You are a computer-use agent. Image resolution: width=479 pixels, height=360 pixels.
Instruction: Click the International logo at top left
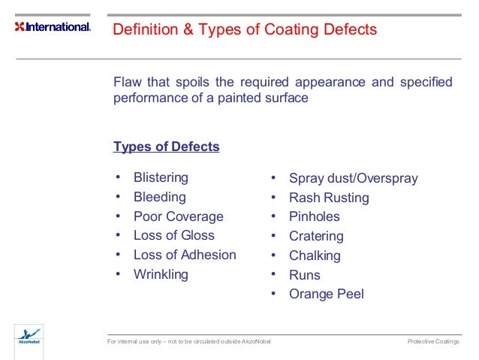pos(53,27)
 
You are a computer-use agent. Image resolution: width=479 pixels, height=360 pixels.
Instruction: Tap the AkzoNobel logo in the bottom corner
pos(29,337)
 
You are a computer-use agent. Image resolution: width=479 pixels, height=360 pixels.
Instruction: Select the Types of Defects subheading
pos(166,147)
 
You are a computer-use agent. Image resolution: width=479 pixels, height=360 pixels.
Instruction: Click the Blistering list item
pos(161,178)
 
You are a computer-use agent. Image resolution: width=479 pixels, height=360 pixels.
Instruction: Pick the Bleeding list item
pos(159,197)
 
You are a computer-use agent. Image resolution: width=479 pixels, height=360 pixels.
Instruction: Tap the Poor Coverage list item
pos(178,216)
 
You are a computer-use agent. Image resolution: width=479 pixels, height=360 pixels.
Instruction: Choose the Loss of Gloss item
pos(173,235)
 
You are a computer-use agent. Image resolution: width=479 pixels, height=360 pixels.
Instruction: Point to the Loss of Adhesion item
pos(185,255)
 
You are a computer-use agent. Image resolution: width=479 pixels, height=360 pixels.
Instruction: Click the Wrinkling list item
pos(161,274)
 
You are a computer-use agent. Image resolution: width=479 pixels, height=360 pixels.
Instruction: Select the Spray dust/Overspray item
pos(353,179)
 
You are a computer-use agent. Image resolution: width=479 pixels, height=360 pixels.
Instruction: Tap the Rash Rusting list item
pos(329,198)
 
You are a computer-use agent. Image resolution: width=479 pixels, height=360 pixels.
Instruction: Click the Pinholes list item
pos(314,216)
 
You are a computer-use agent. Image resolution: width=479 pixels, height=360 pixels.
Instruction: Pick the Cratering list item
pos(316,236)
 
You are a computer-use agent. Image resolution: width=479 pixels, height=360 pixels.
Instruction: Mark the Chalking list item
pos(315,256)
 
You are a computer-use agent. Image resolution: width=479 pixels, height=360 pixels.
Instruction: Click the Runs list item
pos(304,275)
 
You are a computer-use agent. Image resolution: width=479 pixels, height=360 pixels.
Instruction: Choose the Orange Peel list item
pos(326,294)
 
